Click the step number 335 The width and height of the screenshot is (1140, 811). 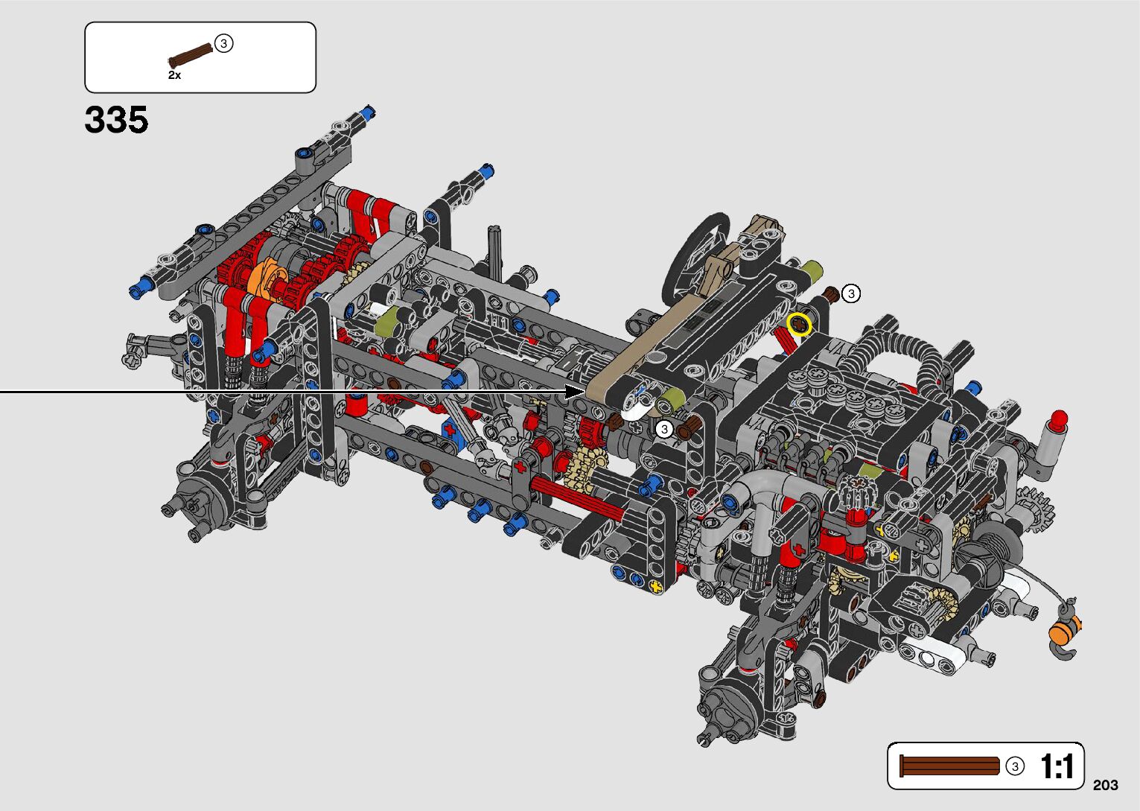(116, 120)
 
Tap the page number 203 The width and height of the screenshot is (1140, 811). (1106, 785)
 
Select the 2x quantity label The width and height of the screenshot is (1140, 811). (174, 75)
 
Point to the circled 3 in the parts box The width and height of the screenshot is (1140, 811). (223, 44)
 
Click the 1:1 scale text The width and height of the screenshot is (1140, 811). (1057, 766)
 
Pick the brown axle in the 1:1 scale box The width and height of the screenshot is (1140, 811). (949, 766)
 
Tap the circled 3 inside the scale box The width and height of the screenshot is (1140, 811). (1015, 766)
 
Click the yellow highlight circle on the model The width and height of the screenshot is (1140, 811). (798, 324)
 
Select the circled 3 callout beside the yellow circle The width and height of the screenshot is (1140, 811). (851, 293)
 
